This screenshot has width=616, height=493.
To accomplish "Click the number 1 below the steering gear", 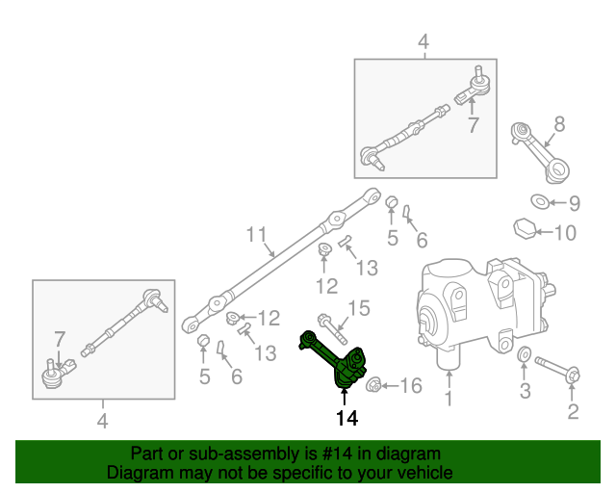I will click(x=447, y=398).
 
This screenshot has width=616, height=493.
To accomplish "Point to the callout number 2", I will click(x=573, y=413).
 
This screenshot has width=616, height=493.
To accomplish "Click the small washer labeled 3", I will click(x=523, y=359).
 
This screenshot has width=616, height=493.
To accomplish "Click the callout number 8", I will click(x=559, y=123).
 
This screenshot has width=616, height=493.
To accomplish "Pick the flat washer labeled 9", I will click(x=540, y=201).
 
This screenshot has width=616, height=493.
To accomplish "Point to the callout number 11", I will click(x=255, y=234).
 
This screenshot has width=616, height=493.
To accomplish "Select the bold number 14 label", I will click(x=346, y=419).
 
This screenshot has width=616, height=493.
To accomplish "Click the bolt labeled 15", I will click(x=327, y=321).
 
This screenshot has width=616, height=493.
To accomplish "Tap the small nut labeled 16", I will click(x=375, y=386).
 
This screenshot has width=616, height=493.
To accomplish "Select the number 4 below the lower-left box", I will click(x=103, y=420).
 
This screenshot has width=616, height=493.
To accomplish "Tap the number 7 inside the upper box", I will click(x=472, y=125).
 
